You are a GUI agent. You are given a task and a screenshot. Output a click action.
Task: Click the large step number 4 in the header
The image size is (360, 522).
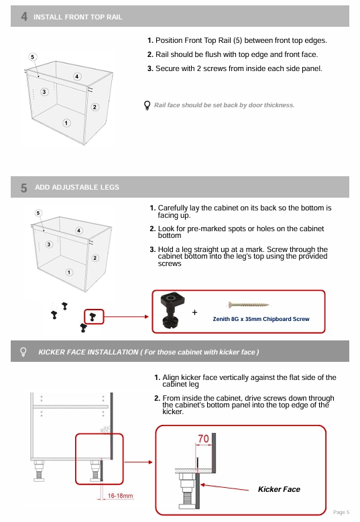24,16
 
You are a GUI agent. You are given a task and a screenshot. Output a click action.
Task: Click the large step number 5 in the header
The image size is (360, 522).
24,188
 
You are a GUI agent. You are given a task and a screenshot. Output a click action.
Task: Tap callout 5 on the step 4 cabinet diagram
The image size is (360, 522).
32,57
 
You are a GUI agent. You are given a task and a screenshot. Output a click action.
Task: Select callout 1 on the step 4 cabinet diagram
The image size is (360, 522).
66,123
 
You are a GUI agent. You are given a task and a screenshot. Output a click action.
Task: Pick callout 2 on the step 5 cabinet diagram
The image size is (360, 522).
95,258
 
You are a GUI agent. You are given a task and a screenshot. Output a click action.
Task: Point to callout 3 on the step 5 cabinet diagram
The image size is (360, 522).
49,245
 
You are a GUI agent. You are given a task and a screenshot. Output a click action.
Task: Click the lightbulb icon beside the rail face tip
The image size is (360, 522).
147,105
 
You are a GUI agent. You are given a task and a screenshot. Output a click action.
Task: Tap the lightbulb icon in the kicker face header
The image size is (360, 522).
23,352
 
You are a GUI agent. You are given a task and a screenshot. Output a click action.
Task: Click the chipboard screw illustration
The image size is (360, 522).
249,305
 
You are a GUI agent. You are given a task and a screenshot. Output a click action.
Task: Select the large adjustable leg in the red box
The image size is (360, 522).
172,311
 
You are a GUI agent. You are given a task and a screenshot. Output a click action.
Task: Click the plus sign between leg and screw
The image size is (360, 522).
194,312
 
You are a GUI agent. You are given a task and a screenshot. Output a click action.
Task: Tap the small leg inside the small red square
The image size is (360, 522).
93,316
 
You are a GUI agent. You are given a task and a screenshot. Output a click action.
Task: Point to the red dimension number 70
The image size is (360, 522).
204,438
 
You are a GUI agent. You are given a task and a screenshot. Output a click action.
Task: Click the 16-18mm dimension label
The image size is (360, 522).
120,496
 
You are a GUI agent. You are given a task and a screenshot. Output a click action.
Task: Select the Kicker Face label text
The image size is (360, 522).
279,489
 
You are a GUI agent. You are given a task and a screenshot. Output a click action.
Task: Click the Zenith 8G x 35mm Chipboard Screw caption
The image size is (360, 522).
261,319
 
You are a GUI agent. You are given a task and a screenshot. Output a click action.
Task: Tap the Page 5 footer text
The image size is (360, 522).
341,512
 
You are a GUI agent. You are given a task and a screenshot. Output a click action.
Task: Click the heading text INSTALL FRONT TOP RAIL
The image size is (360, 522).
78,17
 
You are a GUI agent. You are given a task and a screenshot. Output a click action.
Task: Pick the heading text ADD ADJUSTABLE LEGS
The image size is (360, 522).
77,187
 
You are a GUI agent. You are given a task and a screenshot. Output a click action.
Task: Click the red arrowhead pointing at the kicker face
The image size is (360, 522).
202,485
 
